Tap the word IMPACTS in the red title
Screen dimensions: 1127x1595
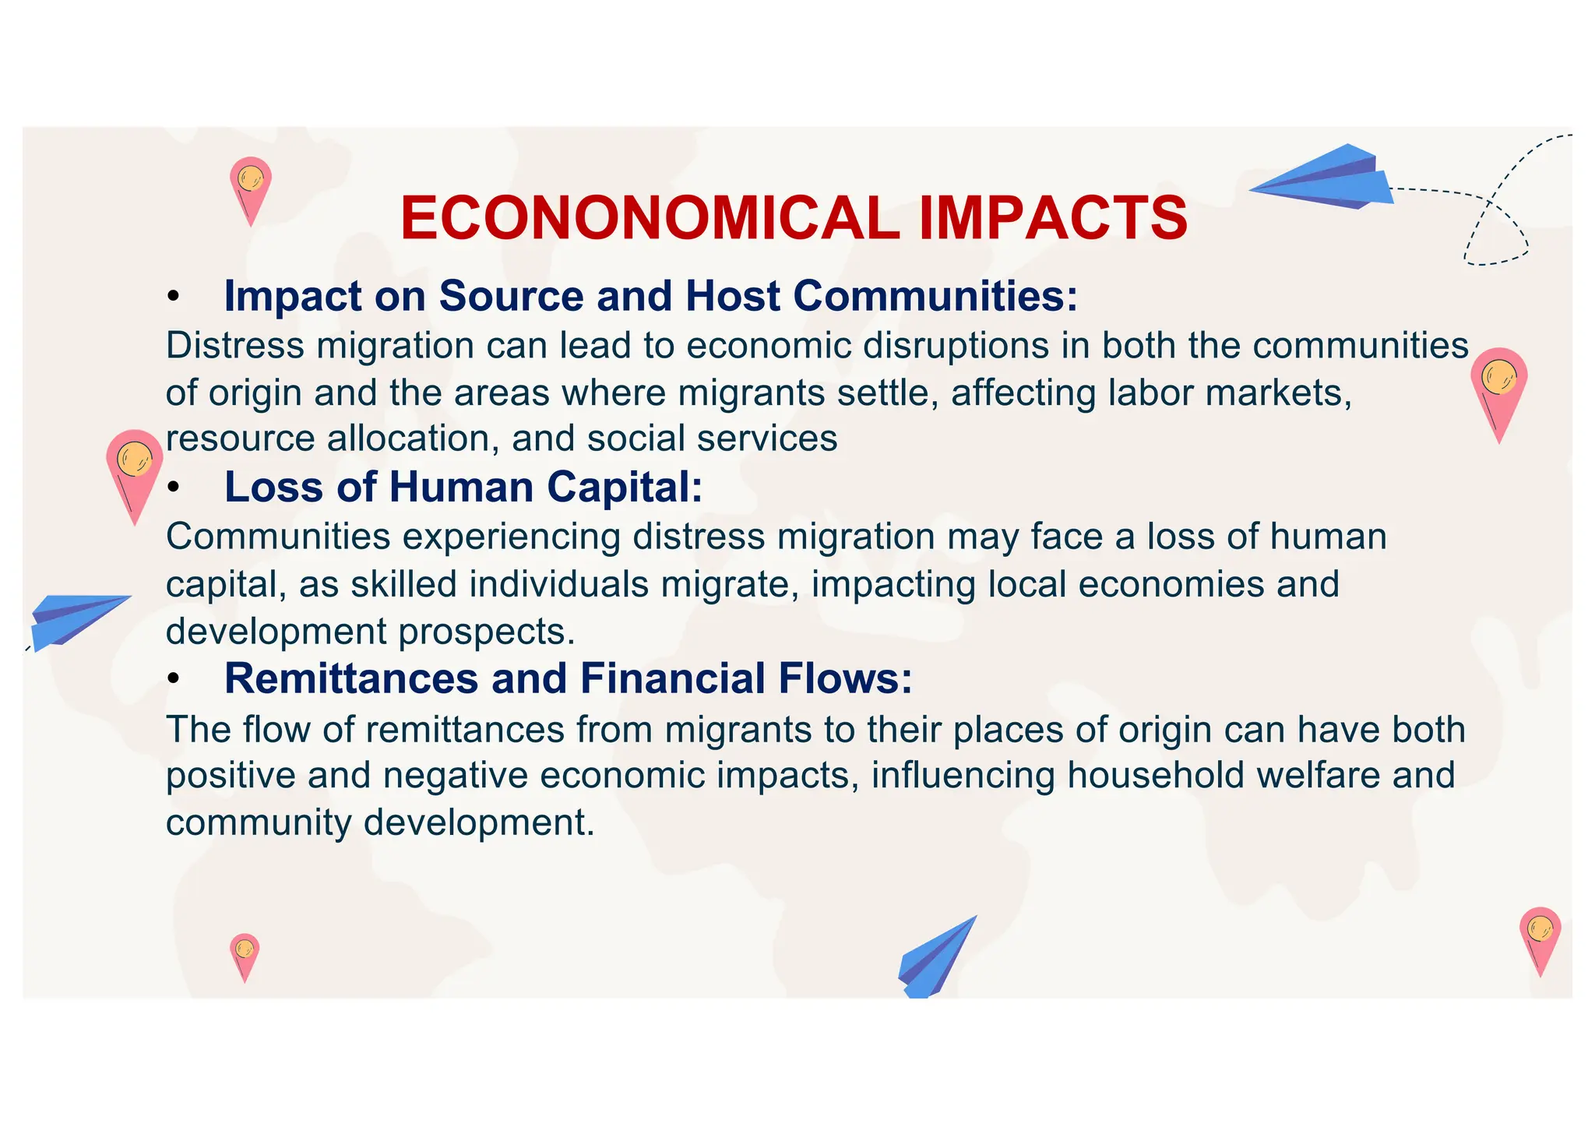[1053, 218]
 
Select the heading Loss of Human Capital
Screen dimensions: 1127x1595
[463, 487]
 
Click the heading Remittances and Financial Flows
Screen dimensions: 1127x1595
[568, 678]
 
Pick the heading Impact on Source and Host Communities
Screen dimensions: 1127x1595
[650, 296]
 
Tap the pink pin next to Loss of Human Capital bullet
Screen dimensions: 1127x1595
[135, 472]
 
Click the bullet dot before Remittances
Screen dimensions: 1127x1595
[174, 680]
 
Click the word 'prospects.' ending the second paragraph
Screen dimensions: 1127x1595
[487, 632]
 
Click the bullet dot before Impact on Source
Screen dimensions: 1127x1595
[174, 298]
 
